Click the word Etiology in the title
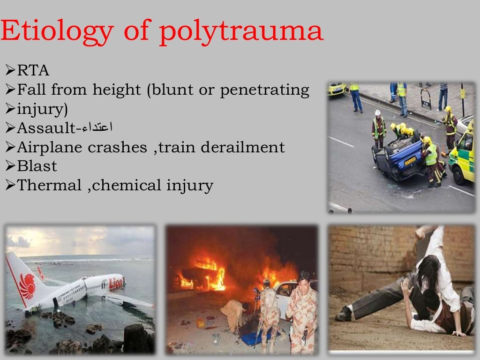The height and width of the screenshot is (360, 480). [x=56, y=32]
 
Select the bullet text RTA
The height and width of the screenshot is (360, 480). [x=33, y=71]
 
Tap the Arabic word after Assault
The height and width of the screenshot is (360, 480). [x=97, y=127]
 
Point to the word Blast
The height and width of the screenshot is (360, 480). [x=37, y=166]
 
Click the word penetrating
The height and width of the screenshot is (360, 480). [x=264, y=90]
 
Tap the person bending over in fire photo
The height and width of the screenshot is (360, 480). [x=234, y=314]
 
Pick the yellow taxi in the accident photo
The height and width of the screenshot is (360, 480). [x=337, y=89]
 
